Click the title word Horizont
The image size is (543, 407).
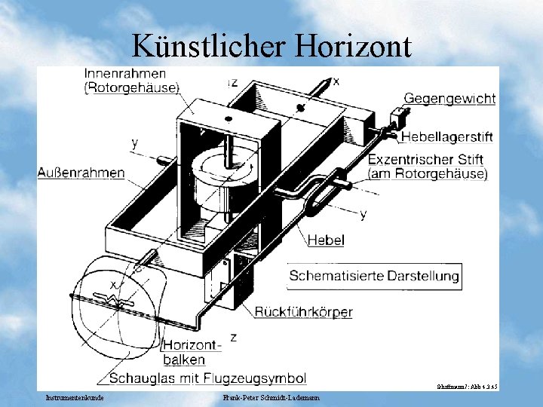(x=354, y=47)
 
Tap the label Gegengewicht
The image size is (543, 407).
(x=449, y=99)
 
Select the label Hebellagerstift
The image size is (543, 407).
(x=446, y=137)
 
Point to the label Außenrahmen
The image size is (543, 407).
(x=81, y=173)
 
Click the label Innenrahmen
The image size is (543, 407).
(x=125, y=74)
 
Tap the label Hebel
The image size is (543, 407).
(x=326, y=240)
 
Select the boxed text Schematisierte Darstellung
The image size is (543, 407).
(x=373, y=276)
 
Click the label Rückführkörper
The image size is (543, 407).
(x=303, y=312)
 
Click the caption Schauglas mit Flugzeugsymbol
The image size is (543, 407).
(x=207, y=378)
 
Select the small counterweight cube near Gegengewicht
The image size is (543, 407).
(x=395, y=116)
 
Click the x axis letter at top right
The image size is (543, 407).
(x=336, y=81)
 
